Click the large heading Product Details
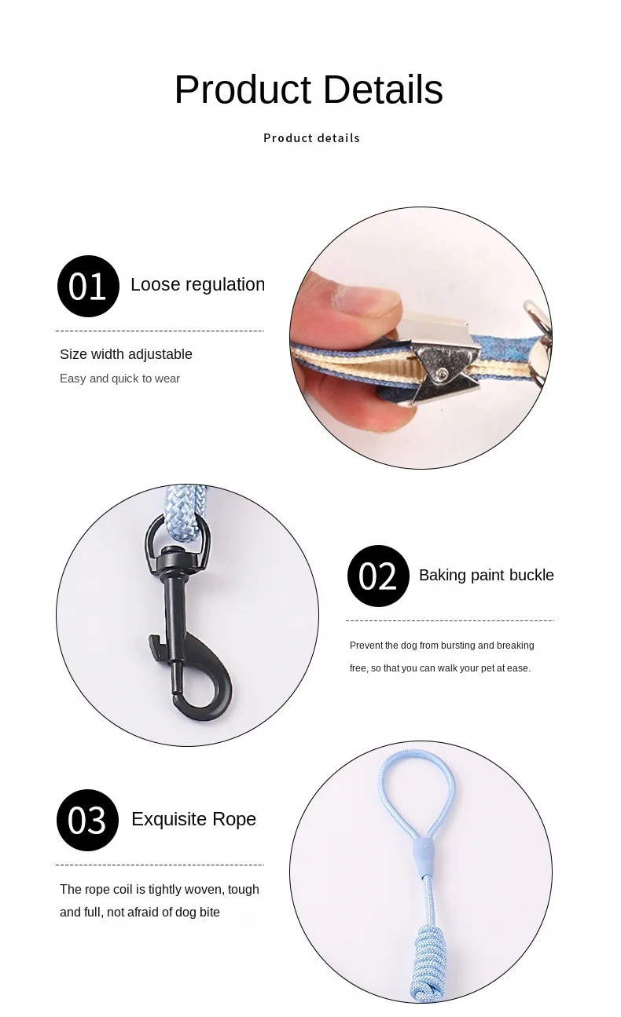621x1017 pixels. click(309, 90)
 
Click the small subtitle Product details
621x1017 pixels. click(312, 138)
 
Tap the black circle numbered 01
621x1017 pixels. click(88, 286)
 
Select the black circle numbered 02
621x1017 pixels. click(378, 576)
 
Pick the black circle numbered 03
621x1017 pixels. click(88, 820)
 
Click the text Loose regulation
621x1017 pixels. click(198, 284)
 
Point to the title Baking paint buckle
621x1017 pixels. click(487, 575)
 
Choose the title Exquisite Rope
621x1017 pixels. click(193, 819)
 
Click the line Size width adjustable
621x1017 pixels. click(126, 354)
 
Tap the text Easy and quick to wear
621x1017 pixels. click(120, 379)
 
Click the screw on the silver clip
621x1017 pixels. click(442, 374)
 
